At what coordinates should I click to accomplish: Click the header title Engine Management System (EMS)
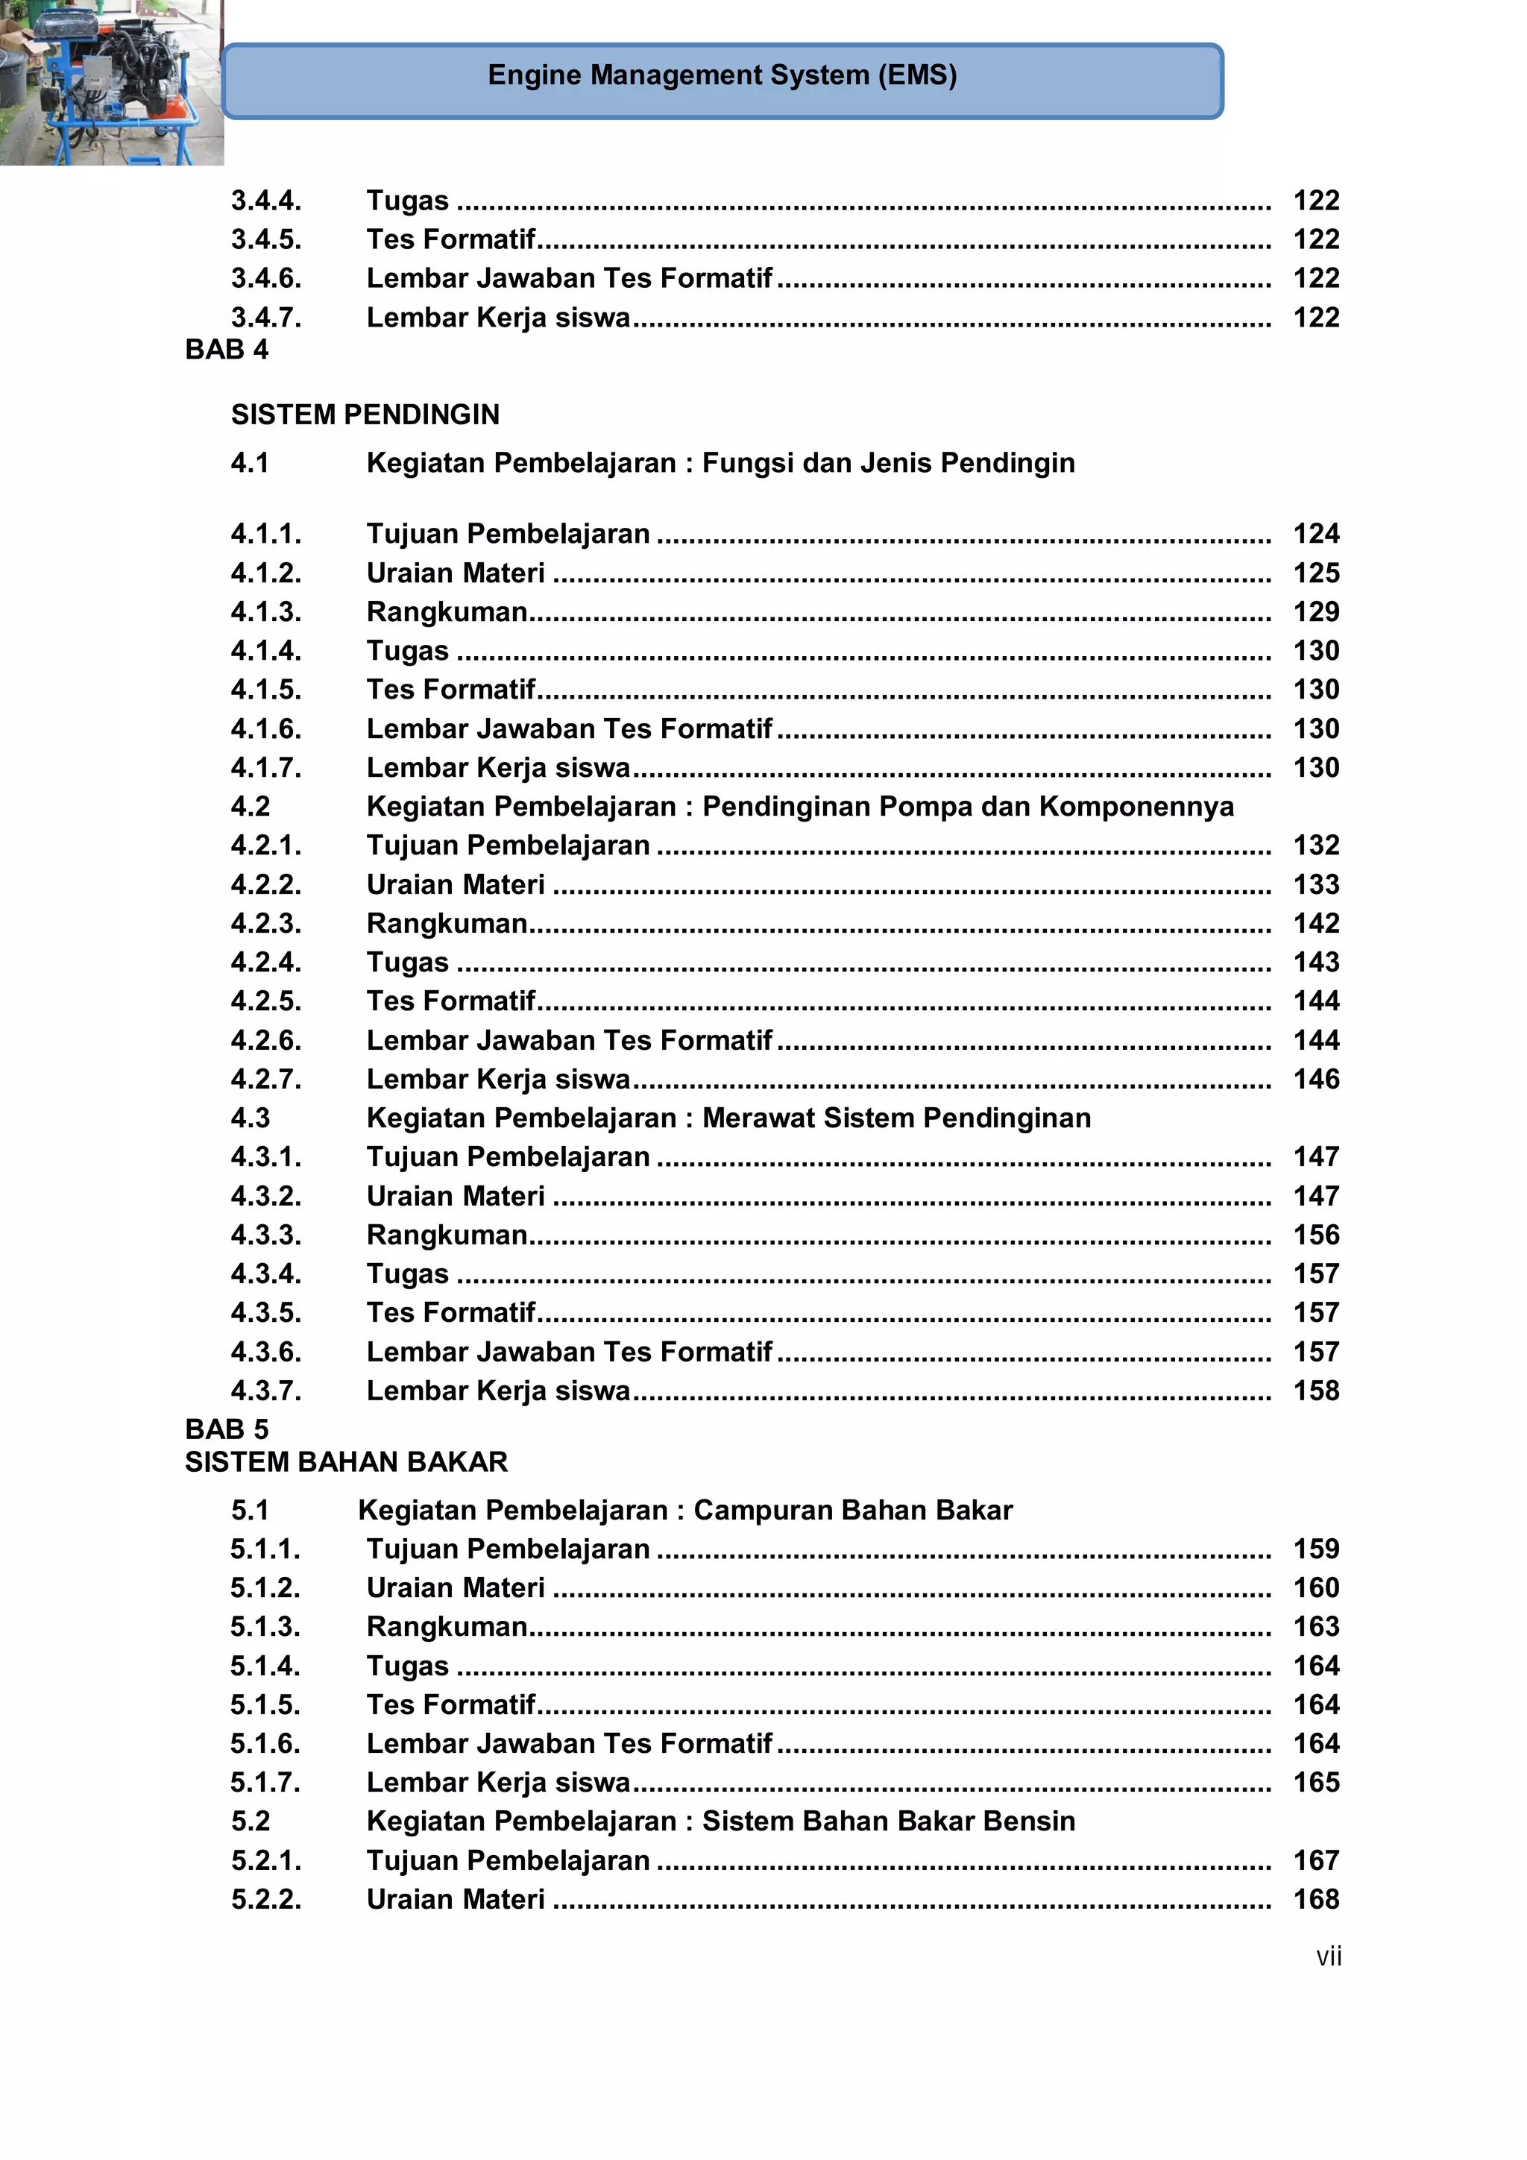tap(722, 75)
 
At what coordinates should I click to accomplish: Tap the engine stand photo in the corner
tap(110, 83)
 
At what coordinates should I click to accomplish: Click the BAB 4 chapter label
tap(227, 349)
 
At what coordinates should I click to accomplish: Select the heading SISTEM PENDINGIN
tap(365, 414)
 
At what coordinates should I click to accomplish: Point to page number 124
tap(1315, 533)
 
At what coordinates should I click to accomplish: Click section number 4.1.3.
tap(266, 611)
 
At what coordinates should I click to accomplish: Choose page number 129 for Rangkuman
tap(1315, 611)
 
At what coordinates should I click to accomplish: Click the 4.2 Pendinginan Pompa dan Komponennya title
tap(800, 806)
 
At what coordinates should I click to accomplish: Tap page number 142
tap(1315, 923)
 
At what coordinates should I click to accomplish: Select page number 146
tap(1315, 1079)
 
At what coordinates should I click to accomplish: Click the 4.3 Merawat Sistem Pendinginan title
tap(728, 1118)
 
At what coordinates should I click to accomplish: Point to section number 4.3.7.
tap(266, 1391)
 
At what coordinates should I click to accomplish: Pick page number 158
tap(1315, 1391)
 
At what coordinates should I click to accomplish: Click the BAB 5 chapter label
tap(227, 1429)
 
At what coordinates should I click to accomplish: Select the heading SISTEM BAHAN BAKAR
tap(346, 1461)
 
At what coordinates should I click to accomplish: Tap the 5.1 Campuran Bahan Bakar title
tap(685, 1510)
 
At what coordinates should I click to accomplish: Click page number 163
tap(1315, 1627)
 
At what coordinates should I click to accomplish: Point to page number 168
tap(1315, 1898)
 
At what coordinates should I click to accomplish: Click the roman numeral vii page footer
tap(1327, 1956)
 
